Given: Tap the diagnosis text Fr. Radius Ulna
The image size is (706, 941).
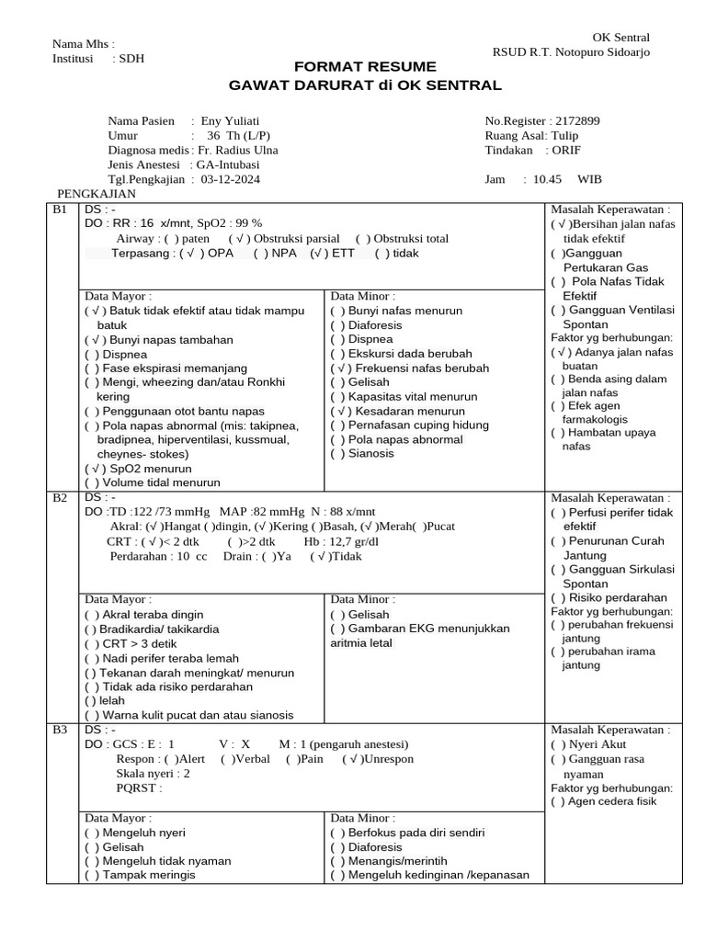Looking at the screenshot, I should (x=239, y=150).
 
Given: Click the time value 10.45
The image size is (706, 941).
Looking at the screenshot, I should (x=548, y=179).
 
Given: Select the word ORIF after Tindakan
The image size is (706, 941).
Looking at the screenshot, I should (x=565, y=150).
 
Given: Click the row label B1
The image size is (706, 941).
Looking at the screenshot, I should (x=60, y=210).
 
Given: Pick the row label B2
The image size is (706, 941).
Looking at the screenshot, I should (x=60, y=497).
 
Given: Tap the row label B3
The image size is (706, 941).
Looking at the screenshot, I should (x=60, y=730).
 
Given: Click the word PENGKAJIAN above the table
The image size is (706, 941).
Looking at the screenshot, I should (x=97, y=194).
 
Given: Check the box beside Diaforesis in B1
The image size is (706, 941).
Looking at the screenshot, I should (x=337, y=325).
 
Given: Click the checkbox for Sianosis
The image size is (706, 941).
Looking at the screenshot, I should (x=337, y=453).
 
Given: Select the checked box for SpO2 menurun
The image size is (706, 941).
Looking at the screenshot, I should (x=92, y=468).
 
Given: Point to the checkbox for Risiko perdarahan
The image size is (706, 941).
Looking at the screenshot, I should (x=558, y=597).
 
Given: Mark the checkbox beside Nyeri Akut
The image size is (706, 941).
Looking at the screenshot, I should (x=558, y=744).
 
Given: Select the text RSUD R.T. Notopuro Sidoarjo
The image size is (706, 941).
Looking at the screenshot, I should (x=571, y=52).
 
